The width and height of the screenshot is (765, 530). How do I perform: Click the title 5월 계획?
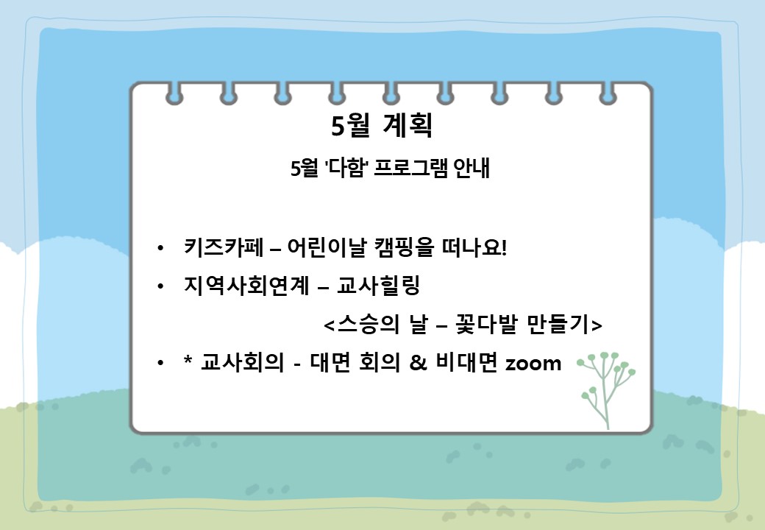tap(382, 125)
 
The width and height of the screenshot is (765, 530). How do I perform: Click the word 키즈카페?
tap(224, 247)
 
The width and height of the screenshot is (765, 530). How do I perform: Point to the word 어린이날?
tap(327, 247)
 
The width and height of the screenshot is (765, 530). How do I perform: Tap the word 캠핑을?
tap(404, 247)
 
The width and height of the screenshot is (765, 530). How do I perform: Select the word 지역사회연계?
tap(246, 286)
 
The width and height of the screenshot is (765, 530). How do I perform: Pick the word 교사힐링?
tap(379, 286)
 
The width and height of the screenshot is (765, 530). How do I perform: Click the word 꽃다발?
tap(485, 324)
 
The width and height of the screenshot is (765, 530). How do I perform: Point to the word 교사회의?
tap(242, 363)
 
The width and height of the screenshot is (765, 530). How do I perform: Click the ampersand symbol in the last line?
tap(418, 363)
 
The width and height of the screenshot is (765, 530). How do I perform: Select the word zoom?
tap(533, 364)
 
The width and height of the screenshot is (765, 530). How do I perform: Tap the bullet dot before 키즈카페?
tap(160, 248)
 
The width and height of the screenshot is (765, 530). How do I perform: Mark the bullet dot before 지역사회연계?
tap(160, 286)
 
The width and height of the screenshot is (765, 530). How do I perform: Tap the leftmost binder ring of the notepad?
tap(174, 94)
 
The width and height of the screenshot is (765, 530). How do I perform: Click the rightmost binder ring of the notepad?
tap(608, 94)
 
